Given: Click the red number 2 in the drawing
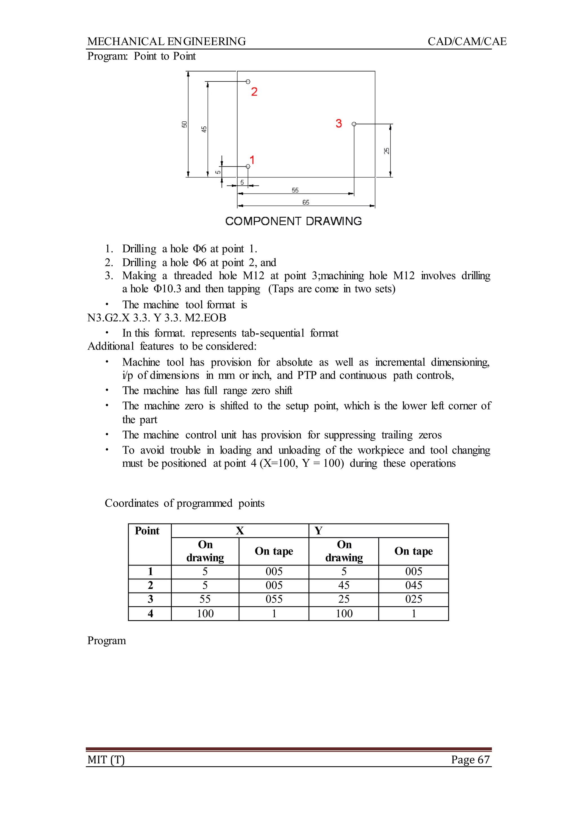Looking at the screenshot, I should point(254,92).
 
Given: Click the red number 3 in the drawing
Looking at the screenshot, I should point(339,124).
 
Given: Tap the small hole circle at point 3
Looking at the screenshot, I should point(354,124).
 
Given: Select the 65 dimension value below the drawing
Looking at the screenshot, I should point(306,202).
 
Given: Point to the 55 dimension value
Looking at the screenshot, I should point(295,190).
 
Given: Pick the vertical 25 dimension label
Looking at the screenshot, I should point(387,151).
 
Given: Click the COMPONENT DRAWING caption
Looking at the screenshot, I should point(294,221).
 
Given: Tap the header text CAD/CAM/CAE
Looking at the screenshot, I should point(467,42).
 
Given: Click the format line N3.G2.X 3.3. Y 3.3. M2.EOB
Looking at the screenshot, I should point(157,318).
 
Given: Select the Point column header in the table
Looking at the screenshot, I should point(147,531).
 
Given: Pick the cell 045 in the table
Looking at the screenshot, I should point(414,585).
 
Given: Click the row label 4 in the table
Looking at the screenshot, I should point(150,614).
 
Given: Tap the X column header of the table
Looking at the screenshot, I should point(240,531).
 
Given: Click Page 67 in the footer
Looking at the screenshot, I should point(471,760).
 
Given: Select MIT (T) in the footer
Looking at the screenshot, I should point(106,760).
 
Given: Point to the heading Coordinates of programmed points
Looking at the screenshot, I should point(185,503).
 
